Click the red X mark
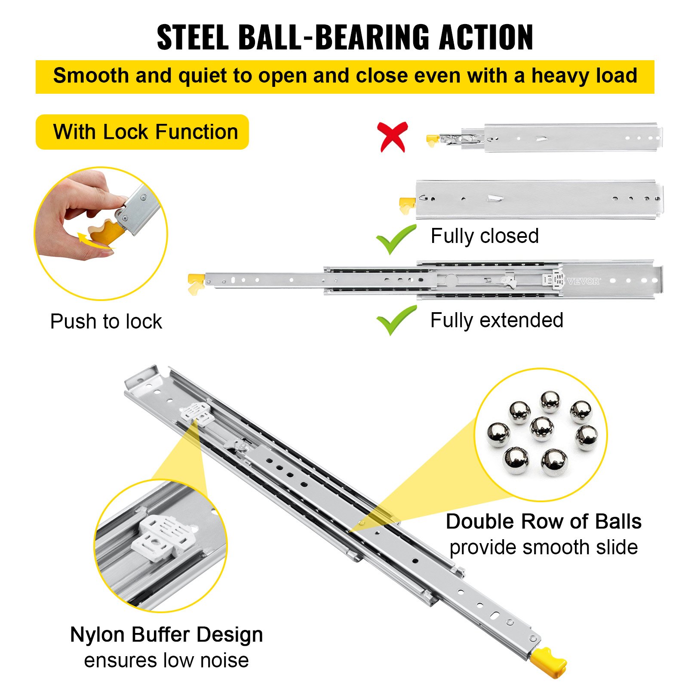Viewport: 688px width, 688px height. coord(392,137)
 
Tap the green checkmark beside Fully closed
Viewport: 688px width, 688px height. coord(396,239)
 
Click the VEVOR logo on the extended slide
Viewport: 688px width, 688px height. coord(584,282)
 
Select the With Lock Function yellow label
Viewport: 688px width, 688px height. coord(142,132)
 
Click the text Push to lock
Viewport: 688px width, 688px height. coord(106,322)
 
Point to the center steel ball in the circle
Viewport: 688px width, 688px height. coord(541,429)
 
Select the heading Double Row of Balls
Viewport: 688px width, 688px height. coord(544,522)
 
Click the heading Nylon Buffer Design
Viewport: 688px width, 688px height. coord(166,635)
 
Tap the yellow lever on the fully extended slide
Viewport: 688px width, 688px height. coord(195,283)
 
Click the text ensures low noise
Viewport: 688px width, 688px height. coord(166,660)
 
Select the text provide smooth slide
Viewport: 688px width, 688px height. coord(544,547)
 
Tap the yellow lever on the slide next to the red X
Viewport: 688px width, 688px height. coord(432,140)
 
